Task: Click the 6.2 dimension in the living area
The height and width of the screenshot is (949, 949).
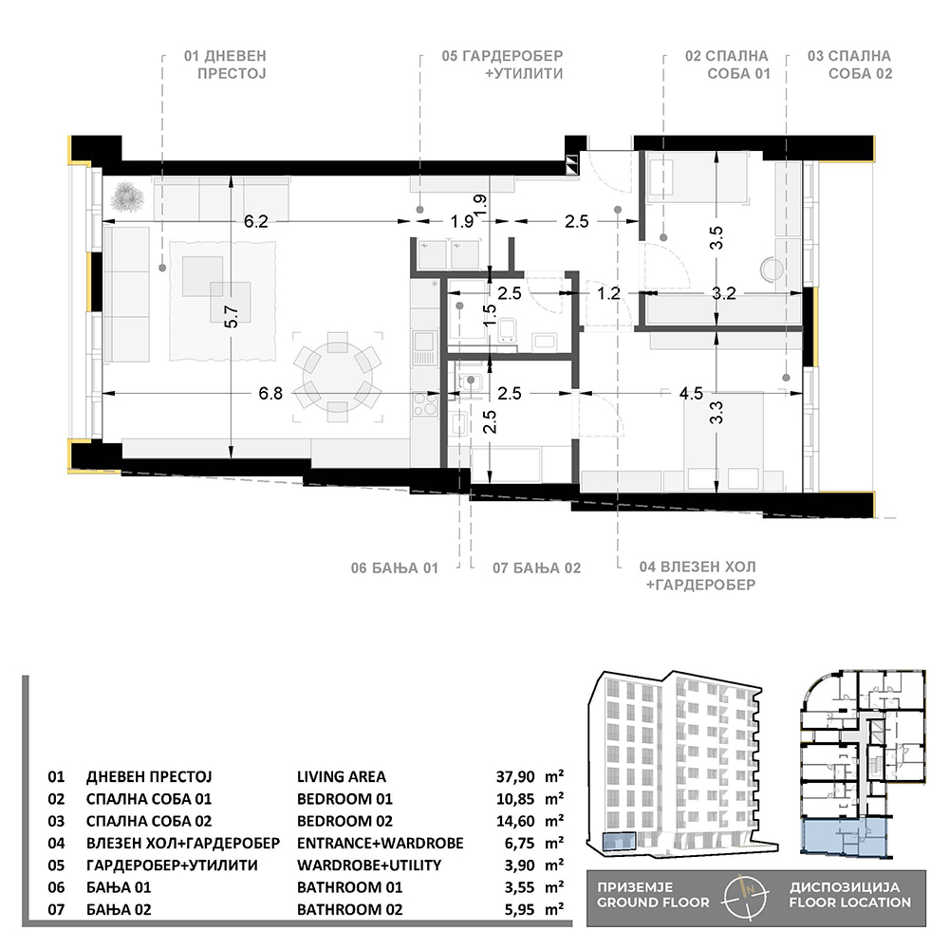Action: click(255, 221)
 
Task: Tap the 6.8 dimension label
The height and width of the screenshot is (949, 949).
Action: click(270, 394)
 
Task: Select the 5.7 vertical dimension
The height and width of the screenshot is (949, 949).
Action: click(232, 316)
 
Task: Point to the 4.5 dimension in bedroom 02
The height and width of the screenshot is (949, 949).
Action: click(691, 394)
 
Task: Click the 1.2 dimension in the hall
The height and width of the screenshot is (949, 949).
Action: click(609, 293)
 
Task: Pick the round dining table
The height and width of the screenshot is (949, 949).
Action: click(333, 377)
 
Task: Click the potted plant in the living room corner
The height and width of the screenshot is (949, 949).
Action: click(127, 196)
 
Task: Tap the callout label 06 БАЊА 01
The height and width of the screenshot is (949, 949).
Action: click(394, 568)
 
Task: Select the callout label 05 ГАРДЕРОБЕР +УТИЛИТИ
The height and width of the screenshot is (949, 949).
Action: click(502, 65)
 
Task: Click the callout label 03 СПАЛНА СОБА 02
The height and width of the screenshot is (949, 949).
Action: click(849, 65)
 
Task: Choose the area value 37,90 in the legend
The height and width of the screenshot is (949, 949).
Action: click(515, 777)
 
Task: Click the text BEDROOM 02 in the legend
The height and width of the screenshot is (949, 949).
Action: click(344, 821)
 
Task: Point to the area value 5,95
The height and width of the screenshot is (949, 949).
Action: click(520, 910)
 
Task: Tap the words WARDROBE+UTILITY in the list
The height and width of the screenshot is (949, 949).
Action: click(369, 865)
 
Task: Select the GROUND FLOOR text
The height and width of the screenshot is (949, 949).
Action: click(653, 902)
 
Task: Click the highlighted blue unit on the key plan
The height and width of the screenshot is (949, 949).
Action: click(847, 838)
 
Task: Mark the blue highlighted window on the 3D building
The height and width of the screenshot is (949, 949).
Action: click(619, 842)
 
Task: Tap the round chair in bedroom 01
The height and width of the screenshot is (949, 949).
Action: click(772, 269)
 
